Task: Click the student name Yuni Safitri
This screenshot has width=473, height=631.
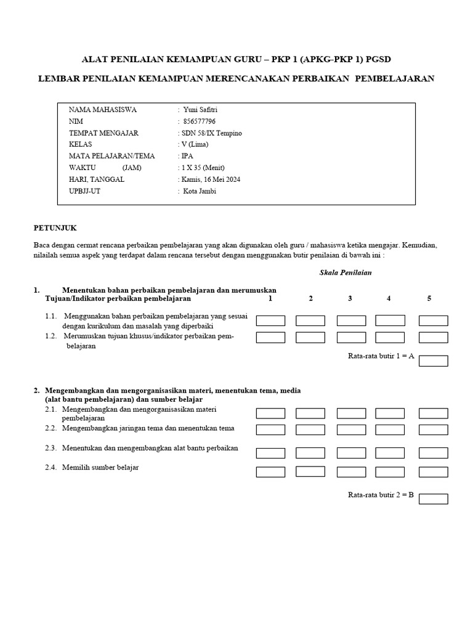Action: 201,110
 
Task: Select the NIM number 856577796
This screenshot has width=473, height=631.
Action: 200,121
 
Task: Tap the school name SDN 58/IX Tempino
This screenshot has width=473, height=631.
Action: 211,133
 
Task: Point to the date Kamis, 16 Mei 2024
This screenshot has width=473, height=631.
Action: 211,179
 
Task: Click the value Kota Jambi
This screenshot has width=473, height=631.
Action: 200,191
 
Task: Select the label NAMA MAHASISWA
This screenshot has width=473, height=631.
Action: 103,110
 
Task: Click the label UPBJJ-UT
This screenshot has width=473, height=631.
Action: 85,191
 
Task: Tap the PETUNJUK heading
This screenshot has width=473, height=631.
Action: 55,227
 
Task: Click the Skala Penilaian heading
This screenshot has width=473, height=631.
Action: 346,272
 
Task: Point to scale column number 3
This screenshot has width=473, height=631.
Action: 350,298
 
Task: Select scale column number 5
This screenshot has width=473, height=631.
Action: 429,298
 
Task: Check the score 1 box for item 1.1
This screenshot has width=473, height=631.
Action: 270,320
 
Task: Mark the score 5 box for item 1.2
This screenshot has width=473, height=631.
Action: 433,337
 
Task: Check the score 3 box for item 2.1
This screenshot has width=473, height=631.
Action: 351,413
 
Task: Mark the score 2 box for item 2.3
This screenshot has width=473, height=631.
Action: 310,453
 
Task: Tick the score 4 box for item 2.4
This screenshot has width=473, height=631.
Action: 390,472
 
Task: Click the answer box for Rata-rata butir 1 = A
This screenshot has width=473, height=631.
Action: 433,360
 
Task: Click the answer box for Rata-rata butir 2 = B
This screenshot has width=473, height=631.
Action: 433,499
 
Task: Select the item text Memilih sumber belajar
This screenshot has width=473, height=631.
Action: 100,467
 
